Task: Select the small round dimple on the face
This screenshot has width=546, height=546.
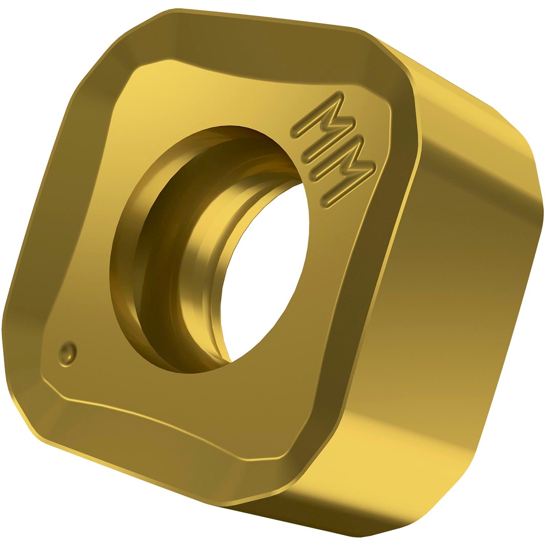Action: point(68,352)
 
